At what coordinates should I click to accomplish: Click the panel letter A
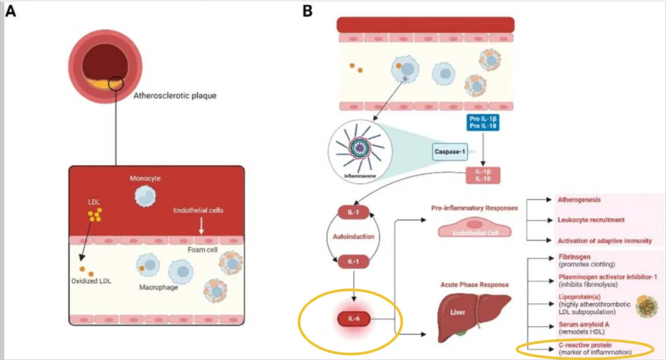coord(10,11)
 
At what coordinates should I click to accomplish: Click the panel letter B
coord(308,11)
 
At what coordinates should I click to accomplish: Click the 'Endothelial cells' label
coord(198,210)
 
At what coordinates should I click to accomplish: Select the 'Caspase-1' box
coord(449,153)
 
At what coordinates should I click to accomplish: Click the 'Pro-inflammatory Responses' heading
coord(474,207)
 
